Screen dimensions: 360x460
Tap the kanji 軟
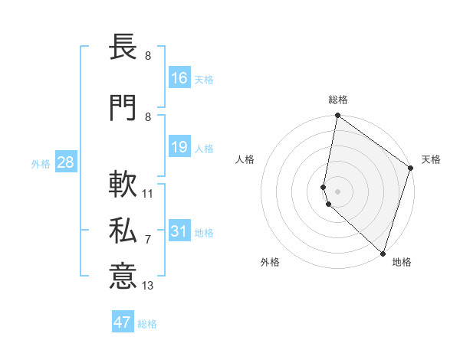tap(123, 184)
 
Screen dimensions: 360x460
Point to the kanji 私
tap(123, 230)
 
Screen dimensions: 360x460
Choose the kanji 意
tap(123, 275)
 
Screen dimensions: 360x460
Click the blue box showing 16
tap(179, 77)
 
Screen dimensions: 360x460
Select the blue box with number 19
tap(179, 147)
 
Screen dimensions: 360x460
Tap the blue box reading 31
tap(179, 231)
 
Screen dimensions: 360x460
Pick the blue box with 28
tap(64, 162)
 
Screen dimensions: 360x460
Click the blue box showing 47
tap(123, 322)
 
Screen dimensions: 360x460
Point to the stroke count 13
tap(148, 286)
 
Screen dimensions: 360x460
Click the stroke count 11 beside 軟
tap(148, 194)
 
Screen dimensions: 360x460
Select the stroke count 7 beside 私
tap(148, 240)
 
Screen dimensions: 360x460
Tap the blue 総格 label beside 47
tap(147, 323)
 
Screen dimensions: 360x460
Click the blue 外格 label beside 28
tap(41, 163)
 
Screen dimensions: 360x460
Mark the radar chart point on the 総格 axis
tap(337, 116)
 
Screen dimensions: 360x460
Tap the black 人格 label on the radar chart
tap(245, 159)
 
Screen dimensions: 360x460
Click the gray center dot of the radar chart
tap(337, 191)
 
